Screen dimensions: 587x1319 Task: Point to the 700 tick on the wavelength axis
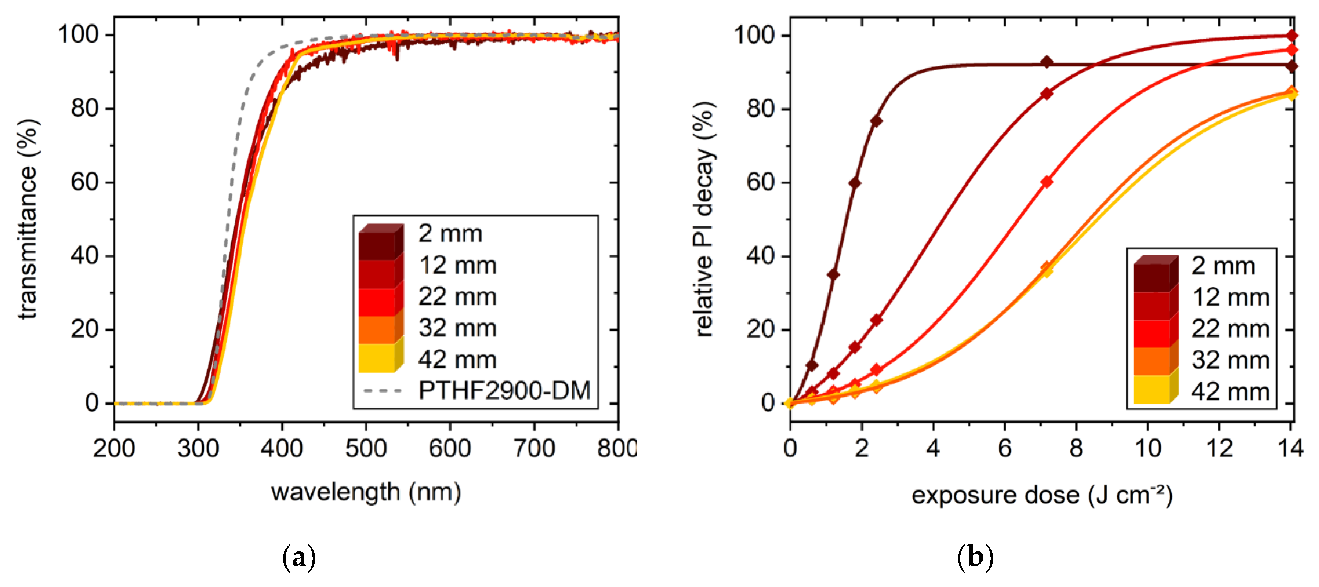(x=534, y=449)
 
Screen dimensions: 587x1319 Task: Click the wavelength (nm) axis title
(x=366, y=492)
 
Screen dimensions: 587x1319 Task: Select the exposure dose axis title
(x=1042, y=495)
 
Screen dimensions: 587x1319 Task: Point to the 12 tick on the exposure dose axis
(x=1219, y=449)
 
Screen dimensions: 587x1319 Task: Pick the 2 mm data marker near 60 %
(x=854, y=183)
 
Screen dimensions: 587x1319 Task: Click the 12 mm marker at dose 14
(x=1291, y=35)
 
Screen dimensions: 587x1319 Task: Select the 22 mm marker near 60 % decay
(x=1047, y=182)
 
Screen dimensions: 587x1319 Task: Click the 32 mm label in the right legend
(x=1231, y=360)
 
